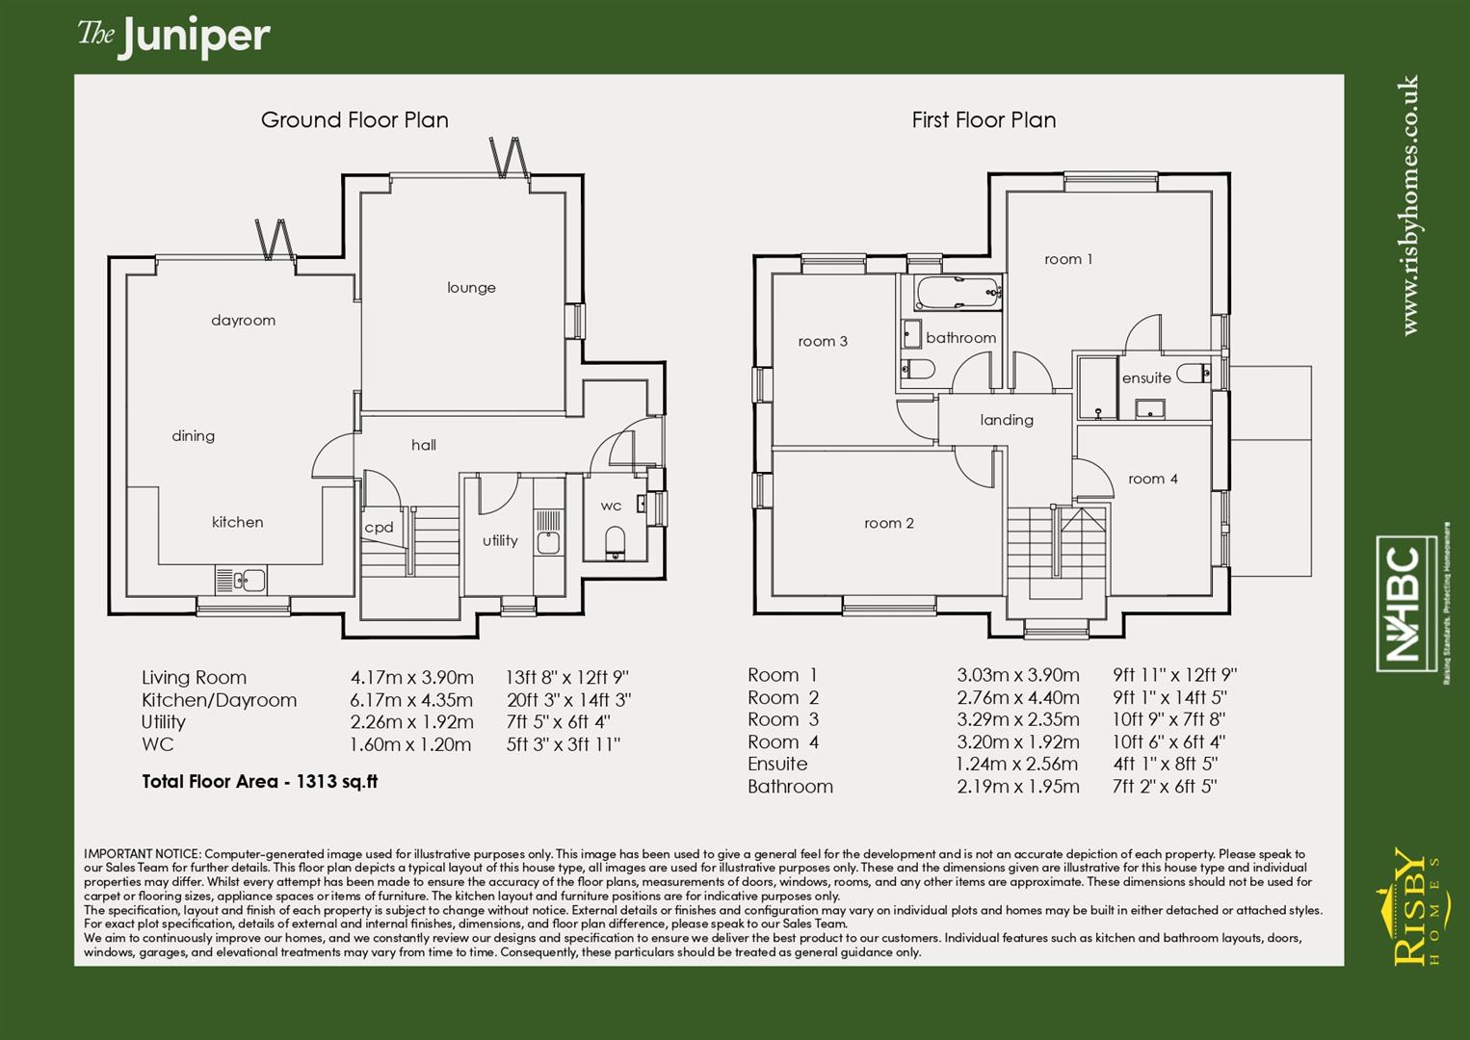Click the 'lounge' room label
[x=471, y=287]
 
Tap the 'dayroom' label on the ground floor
[x=243, y=321]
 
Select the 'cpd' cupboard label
[x=379, y=527]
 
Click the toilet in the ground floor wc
[x=616, y=542]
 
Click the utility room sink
[x=548, y=541]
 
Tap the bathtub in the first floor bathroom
[x=958, y=293]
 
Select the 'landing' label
[x=1007, y=420]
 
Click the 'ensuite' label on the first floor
[x=1146, y=378]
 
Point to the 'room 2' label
[x=888, y=523]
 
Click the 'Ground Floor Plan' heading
[x=354, y=120]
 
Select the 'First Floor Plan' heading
[x=984, y=120]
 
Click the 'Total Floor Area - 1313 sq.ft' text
[x=259, y=782]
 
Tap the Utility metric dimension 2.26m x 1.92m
[x=411, y=722]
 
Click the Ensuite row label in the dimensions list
[x=777, y=765]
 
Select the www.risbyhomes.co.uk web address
[x=1410, y=206]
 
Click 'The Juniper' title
[x=174, y=37]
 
